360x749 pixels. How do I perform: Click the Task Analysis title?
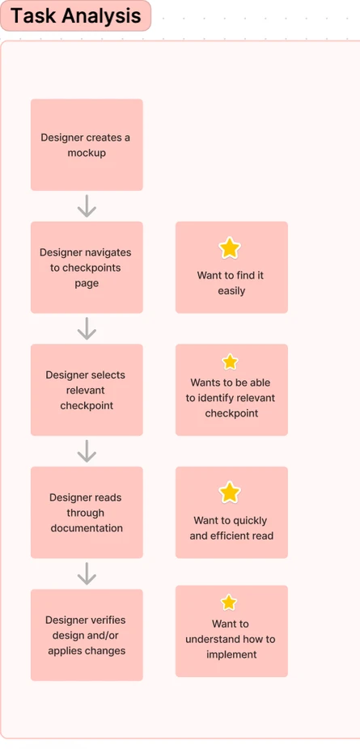coord(75,15)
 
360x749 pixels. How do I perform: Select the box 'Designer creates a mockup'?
coord(87,145)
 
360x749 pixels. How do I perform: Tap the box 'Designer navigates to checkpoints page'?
coord(87,267)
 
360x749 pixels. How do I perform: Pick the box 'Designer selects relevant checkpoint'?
coord(87,390)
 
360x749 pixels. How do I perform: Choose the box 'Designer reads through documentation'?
coord(87,512)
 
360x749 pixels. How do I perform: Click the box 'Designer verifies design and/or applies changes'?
coord(87,635)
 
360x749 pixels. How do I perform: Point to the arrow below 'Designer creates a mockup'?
coord(87,206)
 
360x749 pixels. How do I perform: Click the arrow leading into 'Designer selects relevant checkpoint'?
coord(87,328)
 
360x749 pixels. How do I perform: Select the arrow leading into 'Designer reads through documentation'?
coord(87,451)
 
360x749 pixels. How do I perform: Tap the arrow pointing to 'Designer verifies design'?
coord(87,573)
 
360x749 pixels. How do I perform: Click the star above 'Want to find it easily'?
coord(230,248)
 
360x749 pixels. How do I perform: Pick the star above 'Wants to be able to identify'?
coord(230,362)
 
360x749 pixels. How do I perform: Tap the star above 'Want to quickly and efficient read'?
coord(230,493)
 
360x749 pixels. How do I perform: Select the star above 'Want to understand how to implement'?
coord(229,603)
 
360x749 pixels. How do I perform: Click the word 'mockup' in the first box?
coord(87,154)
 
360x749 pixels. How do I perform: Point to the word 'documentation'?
coord(87,528)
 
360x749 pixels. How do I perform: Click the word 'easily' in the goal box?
coord(231,291)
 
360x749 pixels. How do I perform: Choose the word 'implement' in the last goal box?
coord(231,654)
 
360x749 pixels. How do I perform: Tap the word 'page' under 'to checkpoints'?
coord(87,283)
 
